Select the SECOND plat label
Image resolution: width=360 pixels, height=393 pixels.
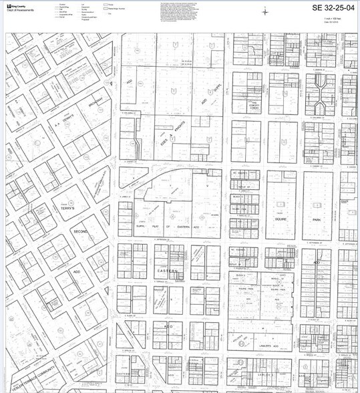(80, 231)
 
